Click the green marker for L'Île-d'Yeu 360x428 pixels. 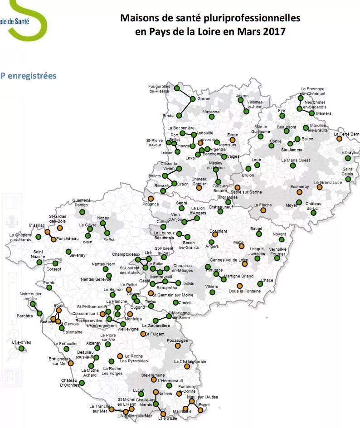click(21, 348)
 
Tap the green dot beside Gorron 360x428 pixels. click(193, 99)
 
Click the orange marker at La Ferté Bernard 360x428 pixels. click(339, 139)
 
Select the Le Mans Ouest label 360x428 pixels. click(295, 160)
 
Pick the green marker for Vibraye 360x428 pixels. click(348, 158)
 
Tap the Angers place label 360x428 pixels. click(212, 247)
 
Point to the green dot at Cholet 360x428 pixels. click(175, 302)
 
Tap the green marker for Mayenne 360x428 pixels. click(211, 117)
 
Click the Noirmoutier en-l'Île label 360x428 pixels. click(30, 296)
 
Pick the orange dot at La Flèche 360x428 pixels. click(263, 210)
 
